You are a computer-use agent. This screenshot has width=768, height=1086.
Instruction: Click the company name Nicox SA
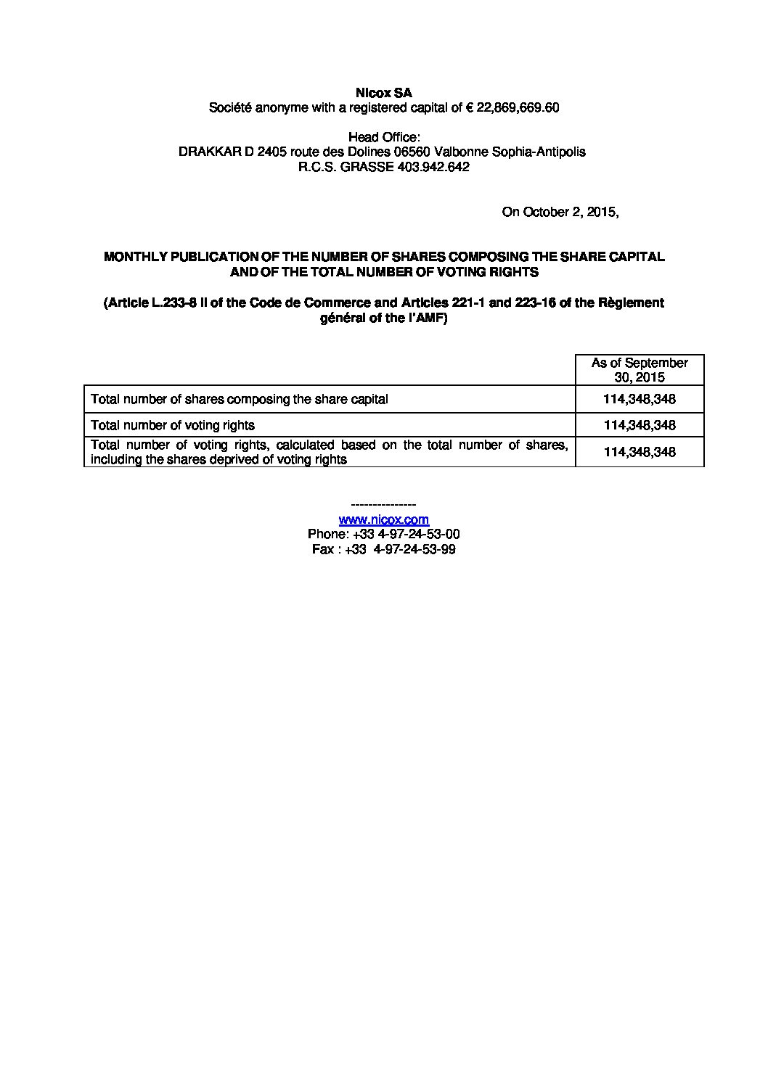coord(383,93)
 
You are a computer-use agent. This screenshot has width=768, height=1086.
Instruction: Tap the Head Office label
coord(383,137)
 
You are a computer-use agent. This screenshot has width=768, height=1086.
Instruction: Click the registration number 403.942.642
coord(434,167)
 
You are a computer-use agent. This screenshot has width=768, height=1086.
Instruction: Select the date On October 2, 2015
coord(560,212)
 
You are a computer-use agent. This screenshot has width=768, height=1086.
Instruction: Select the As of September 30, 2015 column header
coord(639,369)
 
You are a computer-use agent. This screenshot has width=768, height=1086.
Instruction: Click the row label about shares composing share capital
coord(239,399)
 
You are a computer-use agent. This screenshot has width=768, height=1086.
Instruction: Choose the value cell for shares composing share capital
coord(639,399)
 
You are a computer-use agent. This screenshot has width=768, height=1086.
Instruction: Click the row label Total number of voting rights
coord(173,425)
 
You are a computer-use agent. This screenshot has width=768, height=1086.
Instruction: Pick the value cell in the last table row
coord(639,451)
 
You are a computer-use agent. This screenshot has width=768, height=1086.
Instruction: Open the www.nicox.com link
coord(383,519)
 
